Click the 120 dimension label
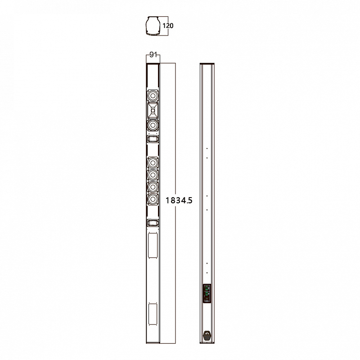click(x=168, y=26)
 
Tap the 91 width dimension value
click(x=153, y=54)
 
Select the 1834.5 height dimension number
click(x=179, y=200)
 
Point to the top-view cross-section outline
click(x=152, y=26)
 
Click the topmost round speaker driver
click(x=153, y=95)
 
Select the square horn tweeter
click(x=153, y=110)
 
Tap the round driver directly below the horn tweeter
click(x=153, y=126)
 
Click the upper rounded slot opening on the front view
click(x=153, y=139)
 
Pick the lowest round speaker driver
click(x=153, y=199)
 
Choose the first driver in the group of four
click(x=153, y=162)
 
